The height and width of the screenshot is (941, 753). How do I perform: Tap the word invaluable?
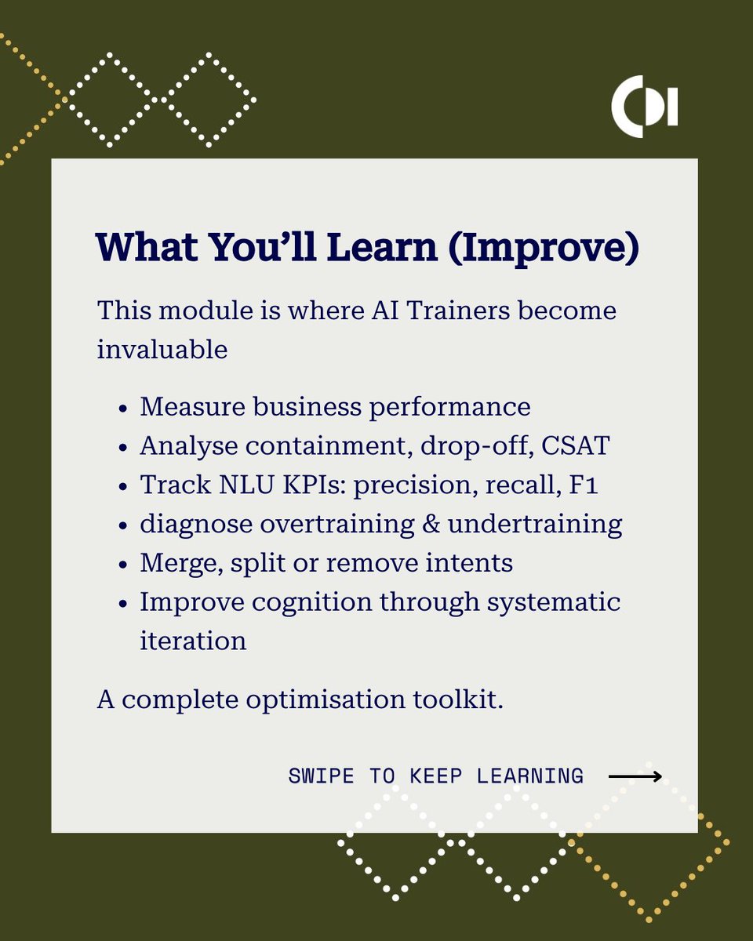pos(162,349)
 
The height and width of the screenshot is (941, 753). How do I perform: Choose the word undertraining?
pos(536,523)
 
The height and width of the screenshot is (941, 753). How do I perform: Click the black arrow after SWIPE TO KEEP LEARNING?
pos(635,776)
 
